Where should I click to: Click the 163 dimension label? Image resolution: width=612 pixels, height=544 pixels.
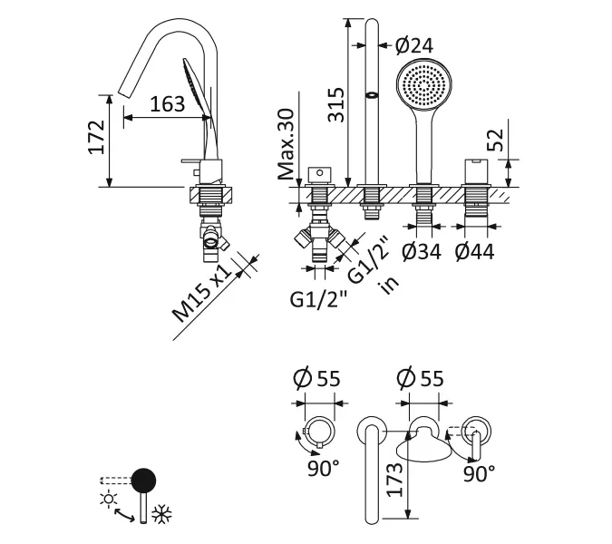click(x=167, y=104)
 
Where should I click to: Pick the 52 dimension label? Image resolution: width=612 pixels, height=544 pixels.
click(x=494, y=140)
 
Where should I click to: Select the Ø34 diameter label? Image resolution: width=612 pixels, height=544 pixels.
click(x=422, y=251)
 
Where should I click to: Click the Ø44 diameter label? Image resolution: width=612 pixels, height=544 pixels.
click(x=475, y=251)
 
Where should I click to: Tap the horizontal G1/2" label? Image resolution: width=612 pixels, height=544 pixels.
click(x=318, y=297)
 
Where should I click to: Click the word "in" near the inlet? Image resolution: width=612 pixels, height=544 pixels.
click(x=391, y=282)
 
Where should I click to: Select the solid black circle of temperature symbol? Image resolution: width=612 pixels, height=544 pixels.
click(x=143, y=480)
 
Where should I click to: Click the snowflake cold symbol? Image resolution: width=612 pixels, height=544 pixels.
click(x=162, y=514)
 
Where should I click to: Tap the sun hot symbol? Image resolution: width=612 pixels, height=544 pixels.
click(x=111, y=500)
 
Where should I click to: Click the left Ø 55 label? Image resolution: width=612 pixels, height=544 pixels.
click(x=317, y=378)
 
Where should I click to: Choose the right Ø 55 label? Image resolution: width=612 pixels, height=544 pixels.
click(x=422, y=378)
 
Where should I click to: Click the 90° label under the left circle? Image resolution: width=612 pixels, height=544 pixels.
click(x=323, y=469)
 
